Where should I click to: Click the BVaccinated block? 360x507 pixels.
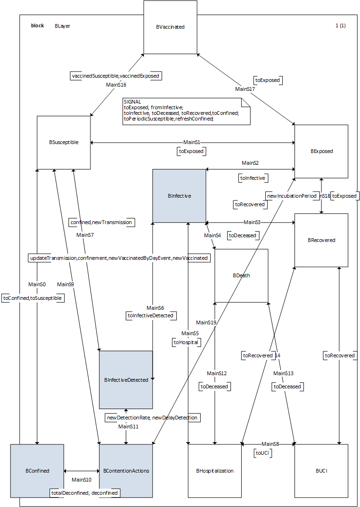pyautogui.click(x=170, y=27)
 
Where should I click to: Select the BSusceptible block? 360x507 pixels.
pyautogui.click(x=64, y=142)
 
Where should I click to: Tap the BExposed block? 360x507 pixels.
pyautogui.click(x=321, y=152)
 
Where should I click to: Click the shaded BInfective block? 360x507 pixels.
pyautogui.click(x=179, y=196)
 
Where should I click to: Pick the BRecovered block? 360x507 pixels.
pyautogui.click(x=321, y=240)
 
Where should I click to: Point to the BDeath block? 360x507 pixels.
pyautogui.click(x=241, y=275)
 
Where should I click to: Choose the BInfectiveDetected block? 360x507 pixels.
pyautogui.click(x=126, y=380)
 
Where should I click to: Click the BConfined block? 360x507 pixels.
pyautogui.click(x=37, y=470)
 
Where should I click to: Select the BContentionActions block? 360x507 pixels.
pyautogui.click(x=126, y=470)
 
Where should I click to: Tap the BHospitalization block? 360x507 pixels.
pyautogui.click(x=214, y=470)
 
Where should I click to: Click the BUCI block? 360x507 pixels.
pyautogui.click(x=321, y=470)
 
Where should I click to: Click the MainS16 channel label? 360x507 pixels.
pyautogui.click(x=116, y=85)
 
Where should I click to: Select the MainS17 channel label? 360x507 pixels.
pyautogui.click(x=245, y=89)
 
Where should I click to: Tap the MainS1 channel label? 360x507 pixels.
pyautogui.click(x=192, y=142)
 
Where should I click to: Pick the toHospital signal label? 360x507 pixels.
pyautogui.click(x=186, y=342)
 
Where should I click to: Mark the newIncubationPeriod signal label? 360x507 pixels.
pyautogui.click(x=291, y=195)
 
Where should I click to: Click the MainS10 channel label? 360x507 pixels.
pyautogui.click(x=81, y=480)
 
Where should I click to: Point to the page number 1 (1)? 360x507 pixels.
pyautogui.click(x=340, y=26)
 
